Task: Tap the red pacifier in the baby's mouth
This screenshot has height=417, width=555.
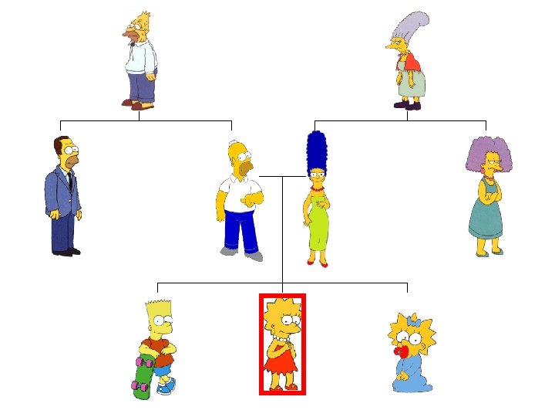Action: coord(400,351)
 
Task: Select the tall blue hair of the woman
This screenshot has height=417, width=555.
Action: coord(316,151)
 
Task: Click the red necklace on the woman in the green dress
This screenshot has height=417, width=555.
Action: coord(316,187)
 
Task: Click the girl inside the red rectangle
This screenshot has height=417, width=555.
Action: coord(282,344)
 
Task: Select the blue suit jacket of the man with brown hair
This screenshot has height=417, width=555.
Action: coord(62,193)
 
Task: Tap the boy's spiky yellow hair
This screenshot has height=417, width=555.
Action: coord(156,308)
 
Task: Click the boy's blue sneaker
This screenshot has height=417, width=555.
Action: coord(164,388)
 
